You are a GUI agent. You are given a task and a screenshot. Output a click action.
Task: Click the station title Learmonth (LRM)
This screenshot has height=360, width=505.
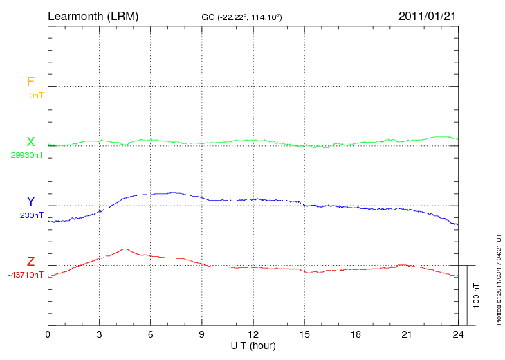coord(93,15)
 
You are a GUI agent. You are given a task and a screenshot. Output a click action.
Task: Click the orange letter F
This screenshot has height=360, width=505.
coord(30,82)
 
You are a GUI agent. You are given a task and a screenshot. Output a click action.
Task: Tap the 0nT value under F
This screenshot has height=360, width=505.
coord(35,96)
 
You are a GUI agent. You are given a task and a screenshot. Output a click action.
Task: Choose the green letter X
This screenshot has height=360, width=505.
coord(30,142)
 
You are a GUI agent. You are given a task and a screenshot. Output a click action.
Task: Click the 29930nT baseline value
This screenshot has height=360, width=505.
coord(26,155)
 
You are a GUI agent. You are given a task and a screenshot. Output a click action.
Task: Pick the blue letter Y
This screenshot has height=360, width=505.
coord(30,201)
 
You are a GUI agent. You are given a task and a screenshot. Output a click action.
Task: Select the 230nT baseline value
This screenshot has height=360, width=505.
coord(31,215)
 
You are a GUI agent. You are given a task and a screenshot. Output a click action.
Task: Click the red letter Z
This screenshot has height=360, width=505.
coord(30,262)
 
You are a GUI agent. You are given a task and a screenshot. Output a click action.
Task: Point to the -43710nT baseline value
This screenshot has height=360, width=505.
coord(26,275)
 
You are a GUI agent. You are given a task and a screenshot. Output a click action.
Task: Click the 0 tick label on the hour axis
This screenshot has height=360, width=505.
coord(48,335)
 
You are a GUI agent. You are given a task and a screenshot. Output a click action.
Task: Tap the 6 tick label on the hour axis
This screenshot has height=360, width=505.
coord(150,335)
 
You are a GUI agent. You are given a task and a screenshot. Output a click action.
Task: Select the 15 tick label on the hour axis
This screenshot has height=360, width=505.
coord(304,335)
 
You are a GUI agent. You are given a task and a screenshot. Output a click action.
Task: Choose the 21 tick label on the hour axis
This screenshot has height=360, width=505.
coord(407,335)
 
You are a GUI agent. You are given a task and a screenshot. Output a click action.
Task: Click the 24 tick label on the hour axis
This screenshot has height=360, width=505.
coord(458,335)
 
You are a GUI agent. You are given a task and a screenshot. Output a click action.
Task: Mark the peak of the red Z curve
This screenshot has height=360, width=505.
coord(125,249)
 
